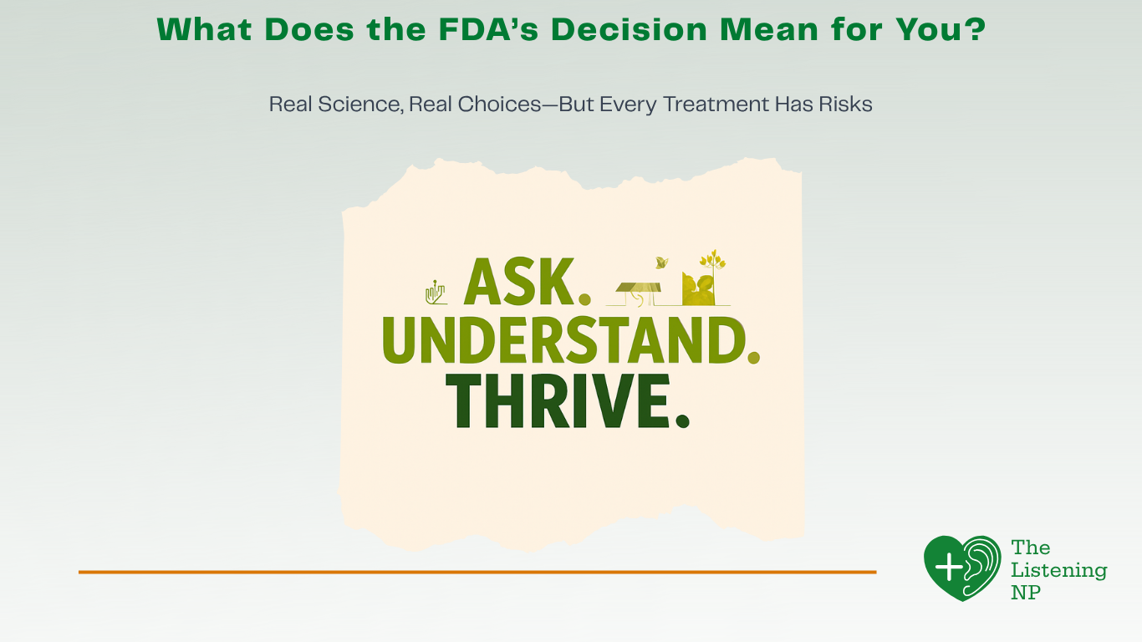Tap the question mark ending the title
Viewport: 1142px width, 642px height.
coord(974,29)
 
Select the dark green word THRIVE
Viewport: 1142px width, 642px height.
coord(556,402)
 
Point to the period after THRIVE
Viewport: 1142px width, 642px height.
coord(682,420)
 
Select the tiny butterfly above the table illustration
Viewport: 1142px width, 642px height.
coord(662,262)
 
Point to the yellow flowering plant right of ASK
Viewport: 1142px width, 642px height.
coord(711,269)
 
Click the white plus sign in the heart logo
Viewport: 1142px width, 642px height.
coord(949,568)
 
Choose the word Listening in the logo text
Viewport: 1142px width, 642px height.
coord(1058,571)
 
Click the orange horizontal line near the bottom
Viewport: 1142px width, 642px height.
coord(477,572)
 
